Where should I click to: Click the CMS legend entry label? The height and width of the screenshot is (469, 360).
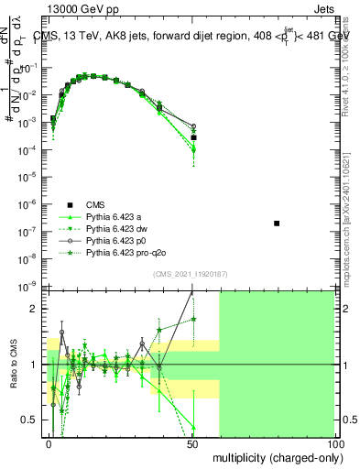pos(94,204)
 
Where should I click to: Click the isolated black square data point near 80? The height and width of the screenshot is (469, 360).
pos(277,224)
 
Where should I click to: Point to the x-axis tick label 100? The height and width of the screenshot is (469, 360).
pos(334,442)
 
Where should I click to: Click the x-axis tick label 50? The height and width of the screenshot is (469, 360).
pos(192,442)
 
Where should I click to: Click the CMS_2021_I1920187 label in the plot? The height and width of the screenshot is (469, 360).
pos(190,274)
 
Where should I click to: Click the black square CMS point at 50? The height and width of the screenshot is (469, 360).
pos(193,137)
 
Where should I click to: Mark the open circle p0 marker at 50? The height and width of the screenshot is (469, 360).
pos(193,126)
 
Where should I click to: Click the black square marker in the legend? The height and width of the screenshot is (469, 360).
pos(69,204)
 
